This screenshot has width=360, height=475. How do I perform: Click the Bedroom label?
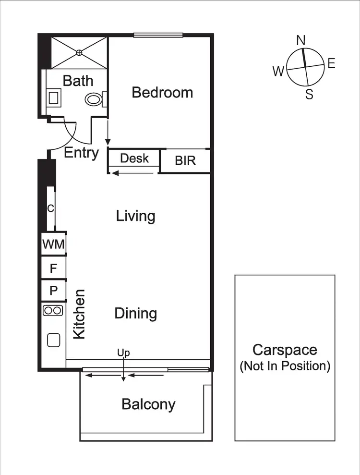[x=162, y=92]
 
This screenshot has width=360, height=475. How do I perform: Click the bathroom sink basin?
[x=53, y=98]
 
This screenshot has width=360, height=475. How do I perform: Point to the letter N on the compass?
[x=301, y=40]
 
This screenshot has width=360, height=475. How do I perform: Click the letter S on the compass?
[x=310, y=95]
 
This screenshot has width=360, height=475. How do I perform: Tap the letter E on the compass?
[x=331, y=63]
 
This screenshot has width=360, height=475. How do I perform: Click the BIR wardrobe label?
[x=185, y=160]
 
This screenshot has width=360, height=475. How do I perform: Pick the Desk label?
[x=134, y=158]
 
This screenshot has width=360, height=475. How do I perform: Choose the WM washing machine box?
[x=53, y=244]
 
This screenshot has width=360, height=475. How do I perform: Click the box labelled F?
[x=53, y=268]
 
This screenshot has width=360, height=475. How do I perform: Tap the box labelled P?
[x=53, y=291]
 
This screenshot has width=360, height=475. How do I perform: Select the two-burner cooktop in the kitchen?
[x=53, y=310]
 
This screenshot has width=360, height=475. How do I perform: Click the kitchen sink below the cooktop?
[x=53, y=340]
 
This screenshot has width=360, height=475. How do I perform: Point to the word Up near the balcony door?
[x=124, y=353]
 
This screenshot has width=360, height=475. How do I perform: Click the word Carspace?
[x=285, y=350]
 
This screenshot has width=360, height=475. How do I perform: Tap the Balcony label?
[x=148, y=404]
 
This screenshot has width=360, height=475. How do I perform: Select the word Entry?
[x=82, y=153]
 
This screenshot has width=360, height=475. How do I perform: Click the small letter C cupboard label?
[x=50, y=208]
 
